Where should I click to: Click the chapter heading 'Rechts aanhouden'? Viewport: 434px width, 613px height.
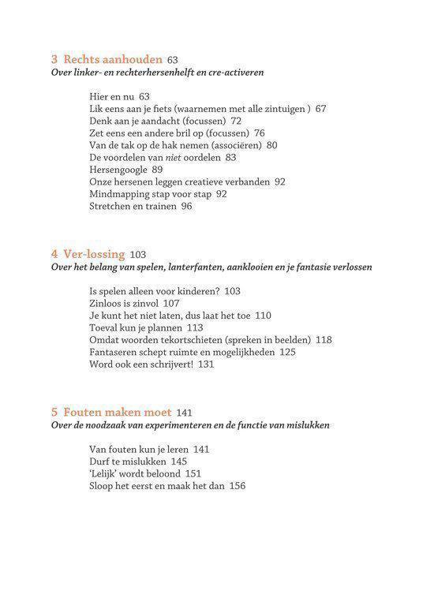pyautogui.click(x=113, y=59)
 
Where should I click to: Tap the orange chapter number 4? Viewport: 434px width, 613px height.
pyautogui.click(x=54, y=254)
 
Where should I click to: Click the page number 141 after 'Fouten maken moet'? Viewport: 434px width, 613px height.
pyautogui.click(x=184, y=413)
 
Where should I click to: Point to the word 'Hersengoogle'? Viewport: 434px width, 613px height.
pyautogui.click(x=118, y=170)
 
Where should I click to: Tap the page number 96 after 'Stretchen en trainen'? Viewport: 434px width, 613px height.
pyautogui.click(x=186, y=207)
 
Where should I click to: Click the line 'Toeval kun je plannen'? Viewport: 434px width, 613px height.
pyautogui.click(x=137, y=327)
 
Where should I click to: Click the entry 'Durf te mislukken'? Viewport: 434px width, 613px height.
pyautogui.click(x=127, y=462)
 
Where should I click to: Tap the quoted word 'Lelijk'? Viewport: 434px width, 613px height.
pyautogui.click(x=106, y=474)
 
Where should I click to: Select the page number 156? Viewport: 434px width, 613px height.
pyautogui.click(x=237, y=486)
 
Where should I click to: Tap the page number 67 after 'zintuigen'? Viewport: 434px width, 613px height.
pyautogui.click(x=320, y=109)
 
